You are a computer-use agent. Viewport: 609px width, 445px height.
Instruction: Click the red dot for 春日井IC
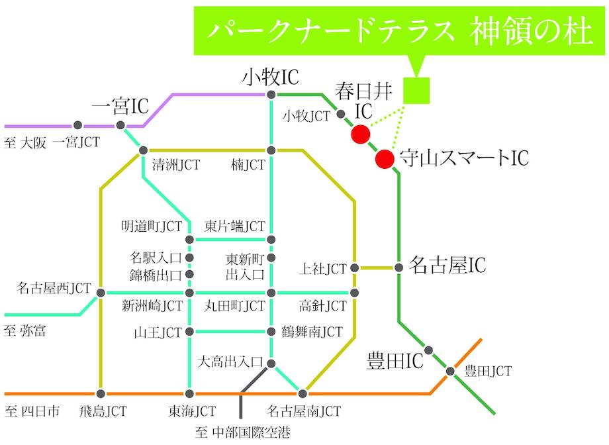(x=360, y=134)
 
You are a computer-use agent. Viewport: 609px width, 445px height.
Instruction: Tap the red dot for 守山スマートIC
(x=384, y=159)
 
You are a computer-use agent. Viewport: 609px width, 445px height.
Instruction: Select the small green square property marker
(x=416, y=91)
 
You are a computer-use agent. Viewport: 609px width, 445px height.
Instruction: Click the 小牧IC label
(x=271, y=78)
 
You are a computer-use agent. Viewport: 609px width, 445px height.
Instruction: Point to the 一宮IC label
(x=120, y=105)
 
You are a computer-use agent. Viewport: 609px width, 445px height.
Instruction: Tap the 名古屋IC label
(x=448, y=266)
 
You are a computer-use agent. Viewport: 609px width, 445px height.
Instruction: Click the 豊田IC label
(x=395, y=362)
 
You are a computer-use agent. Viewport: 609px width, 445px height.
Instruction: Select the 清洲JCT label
(x=175, y=164)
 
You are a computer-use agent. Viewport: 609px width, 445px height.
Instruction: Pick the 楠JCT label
(x=248, y=164)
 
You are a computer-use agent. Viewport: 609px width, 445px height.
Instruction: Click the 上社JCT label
(x=323, y=269)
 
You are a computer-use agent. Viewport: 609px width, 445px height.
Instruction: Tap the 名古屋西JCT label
(x=54, y=288)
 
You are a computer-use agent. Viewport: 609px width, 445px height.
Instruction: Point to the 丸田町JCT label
(x=234, y=306)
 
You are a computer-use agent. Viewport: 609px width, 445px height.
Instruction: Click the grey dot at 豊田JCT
(x=451, y=371)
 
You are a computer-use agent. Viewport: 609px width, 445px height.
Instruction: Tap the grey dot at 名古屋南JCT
(x=303, y=393)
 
